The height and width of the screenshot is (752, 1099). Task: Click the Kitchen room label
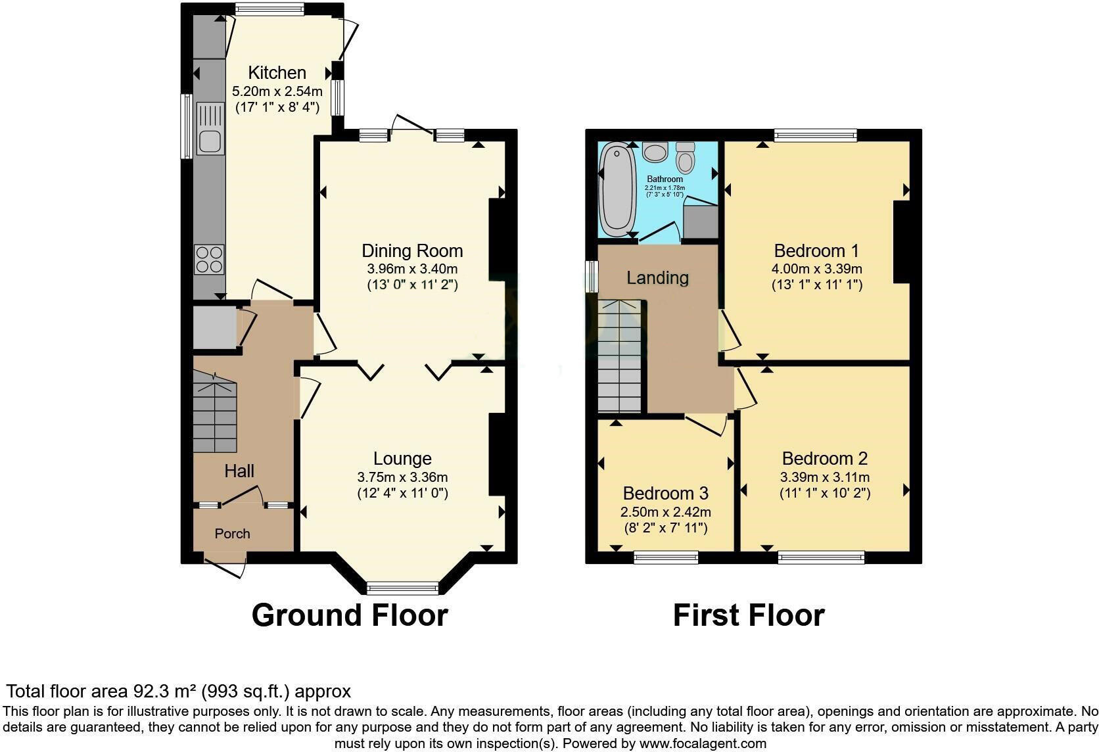277,72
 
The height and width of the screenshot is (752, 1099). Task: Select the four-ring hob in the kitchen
210,259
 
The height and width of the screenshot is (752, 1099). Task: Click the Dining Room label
412,250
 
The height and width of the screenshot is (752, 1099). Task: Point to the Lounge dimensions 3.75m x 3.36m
402,477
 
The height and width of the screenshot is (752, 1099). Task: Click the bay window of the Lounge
402,586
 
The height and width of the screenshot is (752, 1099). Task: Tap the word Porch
232,534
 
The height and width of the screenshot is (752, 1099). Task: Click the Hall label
239,471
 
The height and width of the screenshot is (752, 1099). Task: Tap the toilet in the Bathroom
686,158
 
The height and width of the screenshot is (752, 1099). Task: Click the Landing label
657,277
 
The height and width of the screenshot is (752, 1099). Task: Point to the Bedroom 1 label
816,250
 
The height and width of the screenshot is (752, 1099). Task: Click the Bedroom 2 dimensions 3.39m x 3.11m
825,477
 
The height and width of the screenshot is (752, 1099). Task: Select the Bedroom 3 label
665,493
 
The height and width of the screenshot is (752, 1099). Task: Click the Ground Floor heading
350,615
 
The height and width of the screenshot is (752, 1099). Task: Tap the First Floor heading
749,615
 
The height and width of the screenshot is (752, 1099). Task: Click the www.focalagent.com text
703,743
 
